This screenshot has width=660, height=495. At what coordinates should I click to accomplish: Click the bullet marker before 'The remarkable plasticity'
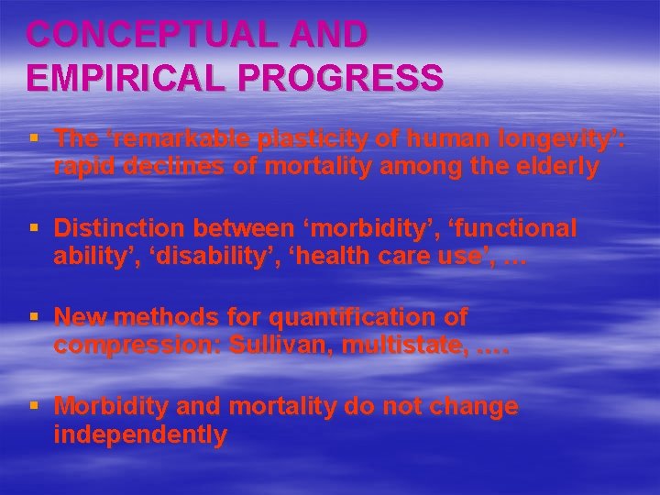pyautogui.click(x=35, y=139)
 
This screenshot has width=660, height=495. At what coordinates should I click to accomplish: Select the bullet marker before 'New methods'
pyautogui.click(x=35, y=318)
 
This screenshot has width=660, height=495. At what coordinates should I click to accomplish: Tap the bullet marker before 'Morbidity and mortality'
pyautogui.click(x=35, y=407)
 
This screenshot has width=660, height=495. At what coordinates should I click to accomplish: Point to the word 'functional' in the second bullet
pyautogui.click(x=515, y=228)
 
